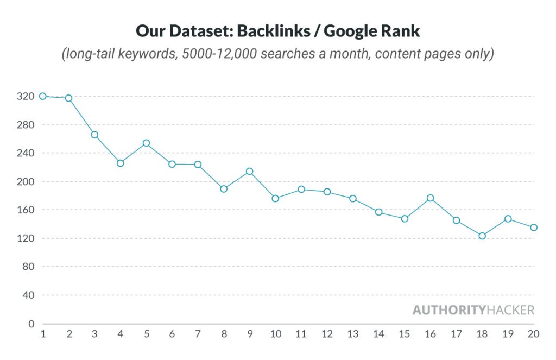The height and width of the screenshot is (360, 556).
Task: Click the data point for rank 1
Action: pos(42,96)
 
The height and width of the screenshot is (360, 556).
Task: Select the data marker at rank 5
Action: pos(146,143)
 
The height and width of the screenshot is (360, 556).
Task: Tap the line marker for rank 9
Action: pos(249,172)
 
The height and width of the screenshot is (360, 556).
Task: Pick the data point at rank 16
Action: pos(430,198)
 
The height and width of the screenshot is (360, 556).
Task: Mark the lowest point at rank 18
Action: pos(482,236)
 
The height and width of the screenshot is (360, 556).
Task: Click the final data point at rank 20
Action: pos(534,228)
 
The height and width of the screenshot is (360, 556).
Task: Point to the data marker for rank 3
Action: pos(94,135)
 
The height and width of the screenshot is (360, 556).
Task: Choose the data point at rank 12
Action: pos(327,192)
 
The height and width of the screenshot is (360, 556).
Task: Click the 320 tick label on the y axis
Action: pos(26,97)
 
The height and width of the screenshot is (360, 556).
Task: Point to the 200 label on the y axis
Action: pos(26,182)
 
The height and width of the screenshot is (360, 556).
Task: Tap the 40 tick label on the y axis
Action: pos(28,295)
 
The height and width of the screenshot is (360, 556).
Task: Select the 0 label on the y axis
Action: pos(30,324)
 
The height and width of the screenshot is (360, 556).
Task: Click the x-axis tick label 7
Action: pos(198,334)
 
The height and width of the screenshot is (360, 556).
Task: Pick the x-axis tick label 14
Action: pos(378,334)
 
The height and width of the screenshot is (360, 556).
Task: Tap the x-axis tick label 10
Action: pos(275,334)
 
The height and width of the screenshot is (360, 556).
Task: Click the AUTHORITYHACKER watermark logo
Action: pos(473,310)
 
